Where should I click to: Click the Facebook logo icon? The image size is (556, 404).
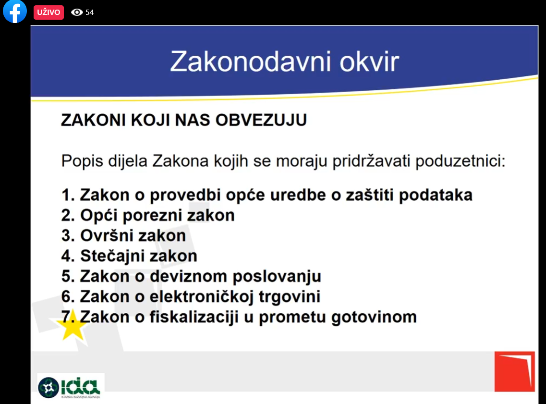tap(14, 11)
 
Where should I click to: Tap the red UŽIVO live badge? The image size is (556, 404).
tap(48, 12)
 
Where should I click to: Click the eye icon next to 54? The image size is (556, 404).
tap(77, 12)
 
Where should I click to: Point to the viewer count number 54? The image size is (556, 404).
tap(90, 12)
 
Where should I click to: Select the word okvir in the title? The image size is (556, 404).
tap(370, 61)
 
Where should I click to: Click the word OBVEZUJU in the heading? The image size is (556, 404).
tap(261, 120)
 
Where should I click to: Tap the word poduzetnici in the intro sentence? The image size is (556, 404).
tap(460, 161)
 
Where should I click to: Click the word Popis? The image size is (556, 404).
tap(83, 161)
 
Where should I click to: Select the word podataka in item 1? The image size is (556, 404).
tap(436, 196)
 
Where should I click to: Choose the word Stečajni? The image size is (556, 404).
tap(108, 256)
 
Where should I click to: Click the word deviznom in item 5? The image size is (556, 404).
tap(189, 276)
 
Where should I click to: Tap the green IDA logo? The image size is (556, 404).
tap(70, 387)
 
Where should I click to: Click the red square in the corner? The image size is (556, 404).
tap(515, 372)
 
